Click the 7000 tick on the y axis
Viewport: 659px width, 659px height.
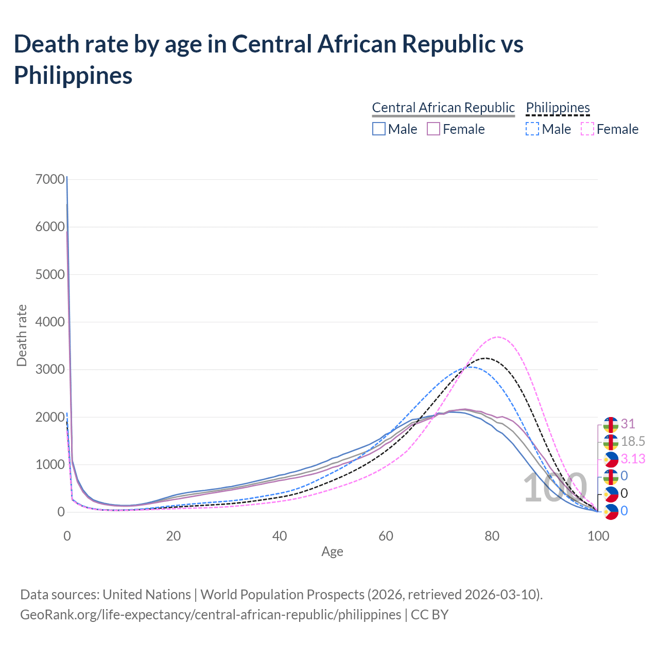click(50, 179)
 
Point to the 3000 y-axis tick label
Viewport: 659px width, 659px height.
click(50, 370)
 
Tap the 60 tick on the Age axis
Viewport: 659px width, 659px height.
click(386, 536)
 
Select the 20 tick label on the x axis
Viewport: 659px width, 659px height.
click(174, 536)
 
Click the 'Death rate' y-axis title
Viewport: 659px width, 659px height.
click(22, 336)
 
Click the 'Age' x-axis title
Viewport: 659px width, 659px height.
click(332, 552)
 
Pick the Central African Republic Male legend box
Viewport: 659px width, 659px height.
click(379, 129)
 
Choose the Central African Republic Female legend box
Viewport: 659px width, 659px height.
click(433, 129)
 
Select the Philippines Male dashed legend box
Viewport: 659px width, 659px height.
click(532, 129)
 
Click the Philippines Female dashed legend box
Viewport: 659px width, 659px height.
click(587, 129)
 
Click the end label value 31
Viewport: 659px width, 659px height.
click(628, 424)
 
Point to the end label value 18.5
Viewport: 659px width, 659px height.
click(633, 442)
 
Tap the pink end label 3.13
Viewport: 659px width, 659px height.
click(633, 459)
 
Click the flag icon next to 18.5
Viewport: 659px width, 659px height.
click(611, 442)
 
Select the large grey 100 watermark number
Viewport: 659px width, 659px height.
click(555, 488)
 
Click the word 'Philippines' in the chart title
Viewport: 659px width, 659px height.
click(73, 75)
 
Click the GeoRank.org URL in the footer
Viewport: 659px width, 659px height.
click(211, 615)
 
